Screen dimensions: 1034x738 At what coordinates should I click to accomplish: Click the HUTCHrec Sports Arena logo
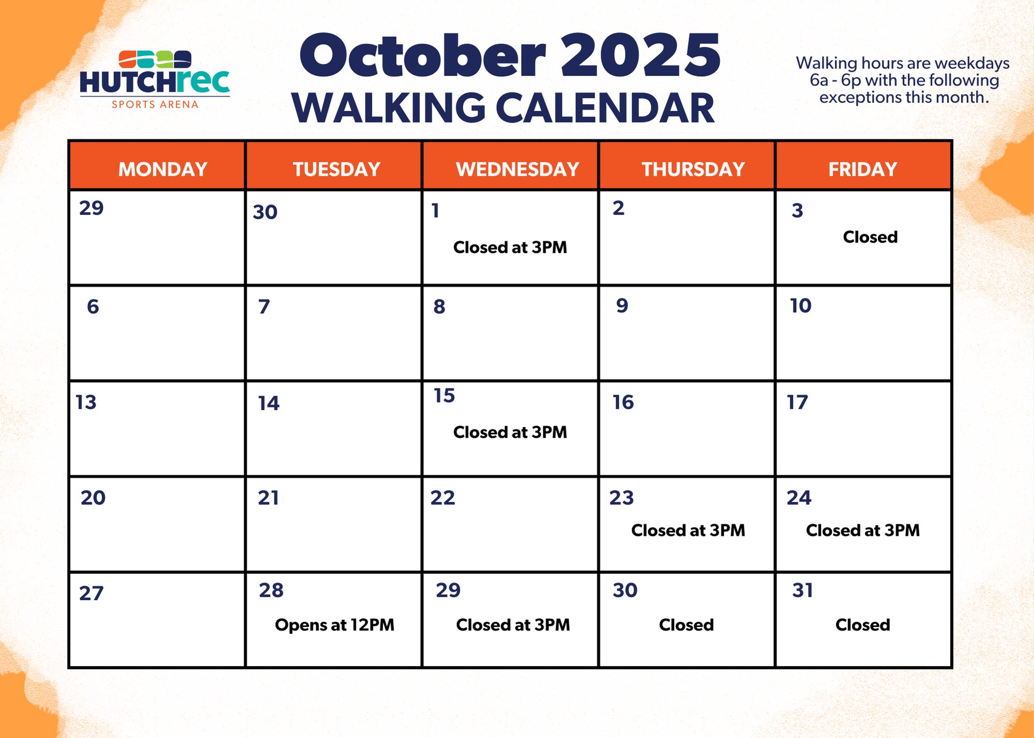pos(155,80)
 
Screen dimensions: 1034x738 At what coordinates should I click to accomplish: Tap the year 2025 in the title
pos(641,55)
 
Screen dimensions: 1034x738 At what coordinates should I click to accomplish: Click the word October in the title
pos(423,55)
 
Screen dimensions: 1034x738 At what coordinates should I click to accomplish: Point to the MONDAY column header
pos(163,169)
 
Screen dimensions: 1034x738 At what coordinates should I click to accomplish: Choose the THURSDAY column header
pos(693,169)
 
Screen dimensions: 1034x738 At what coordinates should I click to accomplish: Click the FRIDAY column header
pos(863,169)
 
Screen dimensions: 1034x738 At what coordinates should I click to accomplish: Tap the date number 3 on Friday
pos(797,210)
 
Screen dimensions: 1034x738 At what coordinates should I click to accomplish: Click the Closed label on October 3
pos(870,237)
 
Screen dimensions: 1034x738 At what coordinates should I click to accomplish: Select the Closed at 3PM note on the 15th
pos(510,432)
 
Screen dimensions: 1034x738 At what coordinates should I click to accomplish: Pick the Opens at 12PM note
pos(334,625)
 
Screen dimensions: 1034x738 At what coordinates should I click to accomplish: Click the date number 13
pos(86,402)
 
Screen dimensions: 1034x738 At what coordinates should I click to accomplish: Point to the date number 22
pos(443,498)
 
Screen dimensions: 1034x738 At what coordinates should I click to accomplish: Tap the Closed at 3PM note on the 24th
pos(863,530)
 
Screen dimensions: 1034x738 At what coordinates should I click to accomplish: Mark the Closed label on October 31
pos(863,625)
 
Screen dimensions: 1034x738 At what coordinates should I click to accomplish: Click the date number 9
pos(622,305)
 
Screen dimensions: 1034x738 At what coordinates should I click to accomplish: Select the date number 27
pos(91,593)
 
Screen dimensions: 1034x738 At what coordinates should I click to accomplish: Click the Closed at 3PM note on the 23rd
pos(688,530)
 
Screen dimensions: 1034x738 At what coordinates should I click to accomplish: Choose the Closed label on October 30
pos(686,625)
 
